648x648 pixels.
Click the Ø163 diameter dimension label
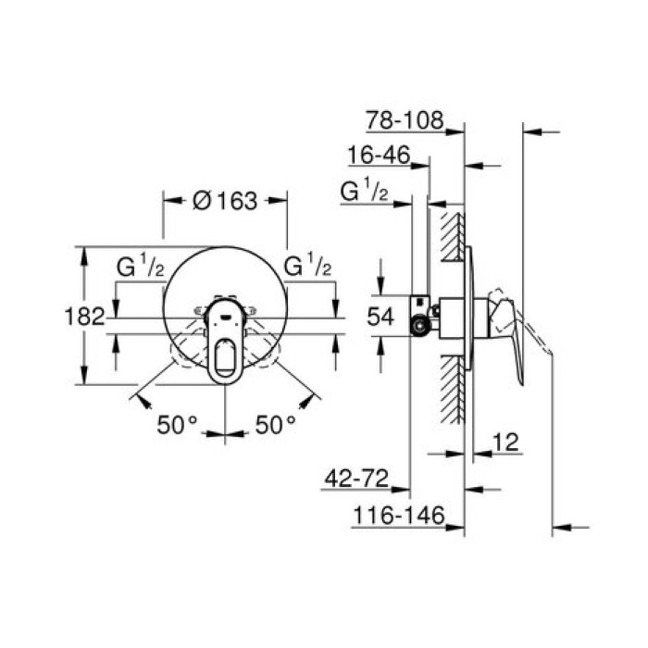224,200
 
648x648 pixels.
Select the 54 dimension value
380,317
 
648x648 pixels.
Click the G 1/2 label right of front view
307,268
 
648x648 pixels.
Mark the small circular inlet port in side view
421,325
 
